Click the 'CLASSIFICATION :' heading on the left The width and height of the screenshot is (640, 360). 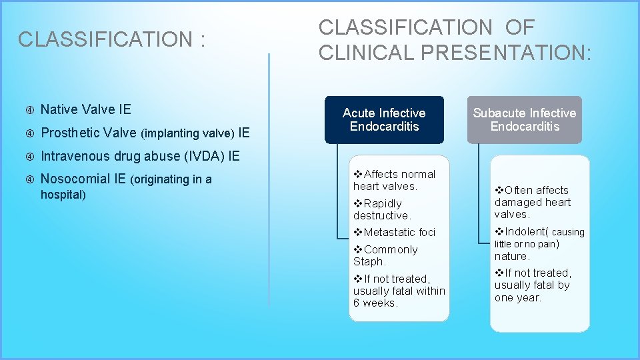pos(111,39)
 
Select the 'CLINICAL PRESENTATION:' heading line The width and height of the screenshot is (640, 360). pos(455,52)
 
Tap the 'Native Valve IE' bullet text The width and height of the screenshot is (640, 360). pos(86,109)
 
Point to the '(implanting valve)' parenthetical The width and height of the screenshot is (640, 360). pos(188,133)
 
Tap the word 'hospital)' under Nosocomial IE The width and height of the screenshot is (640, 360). pos(63,195)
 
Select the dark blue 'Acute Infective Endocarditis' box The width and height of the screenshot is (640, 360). pos(384,120)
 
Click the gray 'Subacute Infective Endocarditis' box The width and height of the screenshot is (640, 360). pos(524,120)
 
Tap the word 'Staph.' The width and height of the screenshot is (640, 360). pos(369,261)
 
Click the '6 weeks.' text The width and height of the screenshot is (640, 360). pos(375,303)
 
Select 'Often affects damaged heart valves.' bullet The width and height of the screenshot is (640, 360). pos(532,202)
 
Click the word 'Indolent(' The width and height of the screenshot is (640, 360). pos(527,231)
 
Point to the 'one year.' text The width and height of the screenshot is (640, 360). pos(517,297)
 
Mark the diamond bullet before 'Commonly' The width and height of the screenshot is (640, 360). pos(358,249)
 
